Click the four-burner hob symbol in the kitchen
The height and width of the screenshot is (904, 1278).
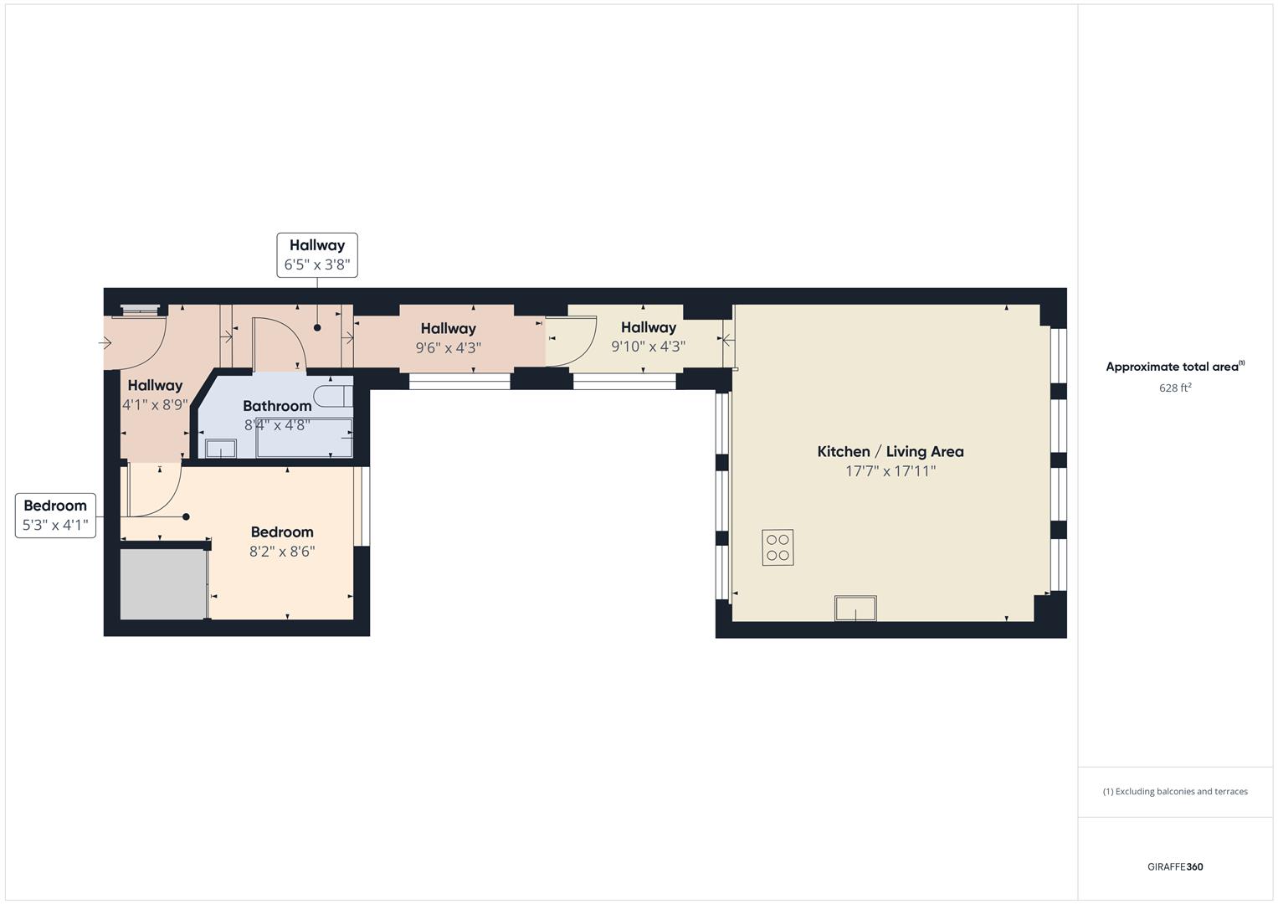[778, 547]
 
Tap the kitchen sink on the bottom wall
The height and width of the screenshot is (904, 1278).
[855, 608]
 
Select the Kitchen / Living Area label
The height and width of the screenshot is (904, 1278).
[890, 452]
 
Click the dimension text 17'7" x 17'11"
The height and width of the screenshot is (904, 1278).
[890, 471]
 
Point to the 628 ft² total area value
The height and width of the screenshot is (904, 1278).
[1174, 388]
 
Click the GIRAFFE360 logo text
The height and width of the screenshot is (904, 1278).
[1174, 866]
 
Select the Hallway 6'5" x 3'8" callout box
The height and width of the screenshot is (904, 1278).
[317, 255]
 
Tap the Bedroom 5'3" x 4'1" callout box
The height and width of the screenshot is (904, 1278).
[55, 515]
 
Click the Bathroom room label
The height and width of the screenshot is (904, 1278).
[277, 406]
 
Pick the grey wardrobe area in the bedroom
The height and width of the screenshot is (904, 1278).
[162, 583]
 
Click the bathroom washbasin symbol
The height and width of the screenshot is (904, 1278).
[221, 449]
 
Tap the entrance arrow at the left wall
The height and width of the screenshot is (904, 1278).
[106, 342]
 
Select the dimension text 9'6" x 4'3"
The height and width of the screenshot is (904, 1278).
[448, 348]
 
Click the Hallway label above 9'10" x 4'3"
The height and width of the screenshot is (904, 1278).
[648, 327]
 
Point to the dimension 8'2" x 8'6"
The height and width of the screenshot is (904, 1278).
[282, 552]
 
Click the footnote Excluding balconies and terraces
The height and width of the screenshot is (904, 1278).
[1174, 791]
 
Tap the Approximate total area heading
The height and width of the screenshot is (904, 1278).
[1173, 367]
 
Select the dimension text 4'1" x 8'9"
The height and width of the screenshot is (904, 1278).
[155, 405]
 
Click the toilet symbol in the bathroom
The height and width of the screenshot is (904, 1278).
[332, 396]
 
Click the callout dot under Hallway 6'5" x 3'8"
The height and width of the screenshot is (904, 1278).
[317, 327]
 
